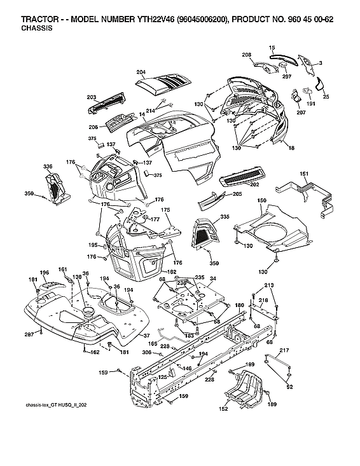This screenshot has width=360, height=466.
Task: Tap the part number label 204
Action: tap(141, 72)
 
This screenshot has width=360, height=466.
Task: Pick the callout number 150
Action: tap(261, 200)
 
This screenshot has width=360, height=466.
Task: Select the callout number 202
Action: tap(254, 184)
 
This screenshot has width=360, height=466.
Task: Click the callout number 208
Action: tap(246, 55)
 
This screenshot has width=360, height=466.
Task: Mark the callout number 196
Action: tap(45, 273)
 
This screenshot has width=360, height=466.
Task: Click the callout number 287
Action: tap(29, 333)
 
